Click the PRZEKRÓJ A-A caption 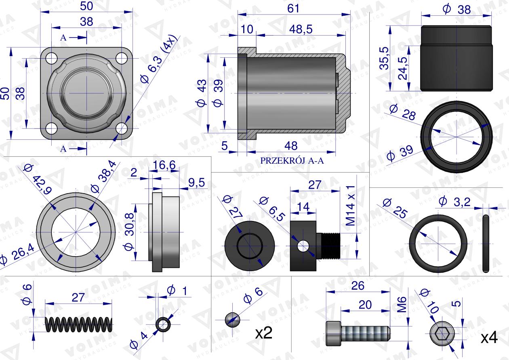point(292,160)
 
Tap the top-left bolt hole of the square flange point(51,58)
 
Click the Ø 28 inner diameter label point(404,114)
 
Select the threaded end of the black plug point(331,245)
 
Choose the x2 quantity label point(264,333)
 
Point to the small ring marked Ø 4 point(163,324)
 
